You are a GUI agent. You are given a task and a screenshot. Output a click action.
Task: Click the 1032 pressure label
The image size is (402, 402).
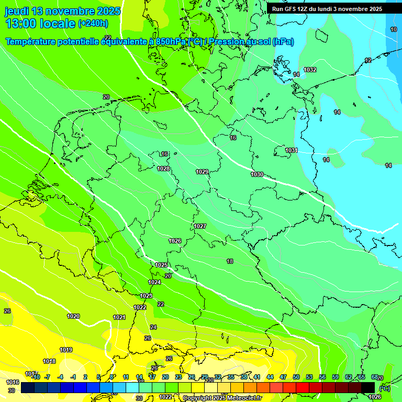coord(310,70)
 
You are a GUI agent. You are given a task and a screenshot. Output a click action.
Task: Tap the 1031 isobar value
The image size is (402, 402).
coord(292,151)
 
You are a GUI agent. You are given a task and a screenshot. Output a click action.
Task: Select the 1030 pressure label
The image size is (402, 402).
coord(257,174)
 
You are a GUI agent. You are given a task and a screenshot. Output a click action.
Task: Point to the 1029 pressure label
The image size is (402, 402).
coord(202,172)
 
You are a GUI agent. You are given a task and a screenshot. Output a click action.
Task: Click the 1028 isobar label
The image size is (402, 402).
coord(163,169)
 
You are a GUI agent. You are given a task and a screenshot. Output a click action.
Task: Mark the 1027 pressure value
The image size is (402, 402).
coord(200,226)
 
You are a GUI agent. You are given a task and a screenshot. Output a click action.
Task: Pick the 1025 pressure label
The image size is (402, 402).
coord(162,265)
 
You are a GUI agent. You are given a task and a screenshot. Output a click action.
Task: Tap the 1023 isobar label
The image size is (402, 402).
coord(146,296)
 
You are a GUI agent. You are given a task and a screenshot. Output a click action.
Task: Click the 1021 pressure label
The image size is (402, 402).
coord(119,317)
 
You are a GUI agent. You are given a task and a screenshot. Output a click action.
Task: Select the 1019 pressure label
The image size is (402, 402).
coord(66,350)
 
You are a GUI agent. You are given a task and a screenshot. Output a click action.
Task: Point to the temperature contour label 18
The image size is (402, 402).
coord(230,261)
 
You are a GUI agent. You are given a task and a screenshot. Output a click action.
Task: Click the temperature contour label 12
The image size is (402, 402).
coord(368,61)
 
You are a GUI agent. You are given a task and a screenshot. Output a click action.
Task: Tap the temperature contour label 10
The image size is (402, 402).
coord(394,30)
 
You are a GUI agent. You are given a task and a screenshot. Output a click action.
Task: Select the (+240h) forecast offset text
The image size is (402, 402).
coord(93,24)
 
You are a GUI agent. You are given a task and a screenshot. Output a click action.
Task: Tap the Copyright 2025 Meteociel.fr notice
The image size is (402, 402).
coord(222,398)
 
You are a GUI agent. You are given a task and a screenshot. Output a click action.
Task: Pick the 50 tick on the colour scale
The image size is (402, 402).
coord(296,377)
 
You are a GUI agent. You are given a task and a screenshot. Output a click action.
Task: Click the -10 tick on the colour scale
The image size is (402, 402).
coord(35,377)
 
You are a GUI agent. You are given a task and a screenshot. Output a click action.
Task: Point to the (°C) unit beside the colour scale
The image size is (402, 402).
coord(385,388)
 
